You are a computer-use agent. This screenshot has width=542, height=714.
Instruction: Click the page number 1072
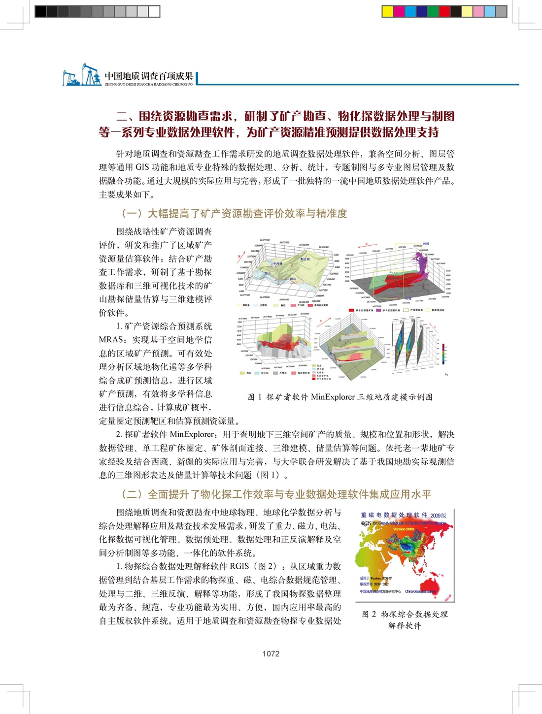click(x=271, y=653)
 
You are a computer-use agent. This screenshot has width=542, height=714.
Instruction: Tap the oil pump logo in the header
click(x=81, y=75)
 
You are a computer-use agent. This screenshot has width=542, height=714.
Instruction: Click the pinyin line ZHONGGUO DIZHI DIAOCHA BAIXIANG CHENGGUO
click(x=149, y=84)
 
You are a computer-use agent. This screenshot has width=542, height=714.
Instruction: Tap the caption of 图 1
click(x=340, y=397)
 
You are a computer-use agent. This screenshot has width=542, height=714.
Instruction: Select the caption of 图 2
click(x=405, y=619)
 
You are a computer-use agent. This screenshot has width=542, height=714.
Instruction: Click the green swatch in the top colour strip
click(x=433, y=11)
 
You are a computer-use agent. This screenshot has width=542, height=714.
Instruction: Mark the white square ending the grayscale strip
click(x=154, y=11)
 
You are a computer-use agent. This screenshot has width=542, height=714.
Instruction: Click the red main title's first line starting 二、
click(x=285, y=116)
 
